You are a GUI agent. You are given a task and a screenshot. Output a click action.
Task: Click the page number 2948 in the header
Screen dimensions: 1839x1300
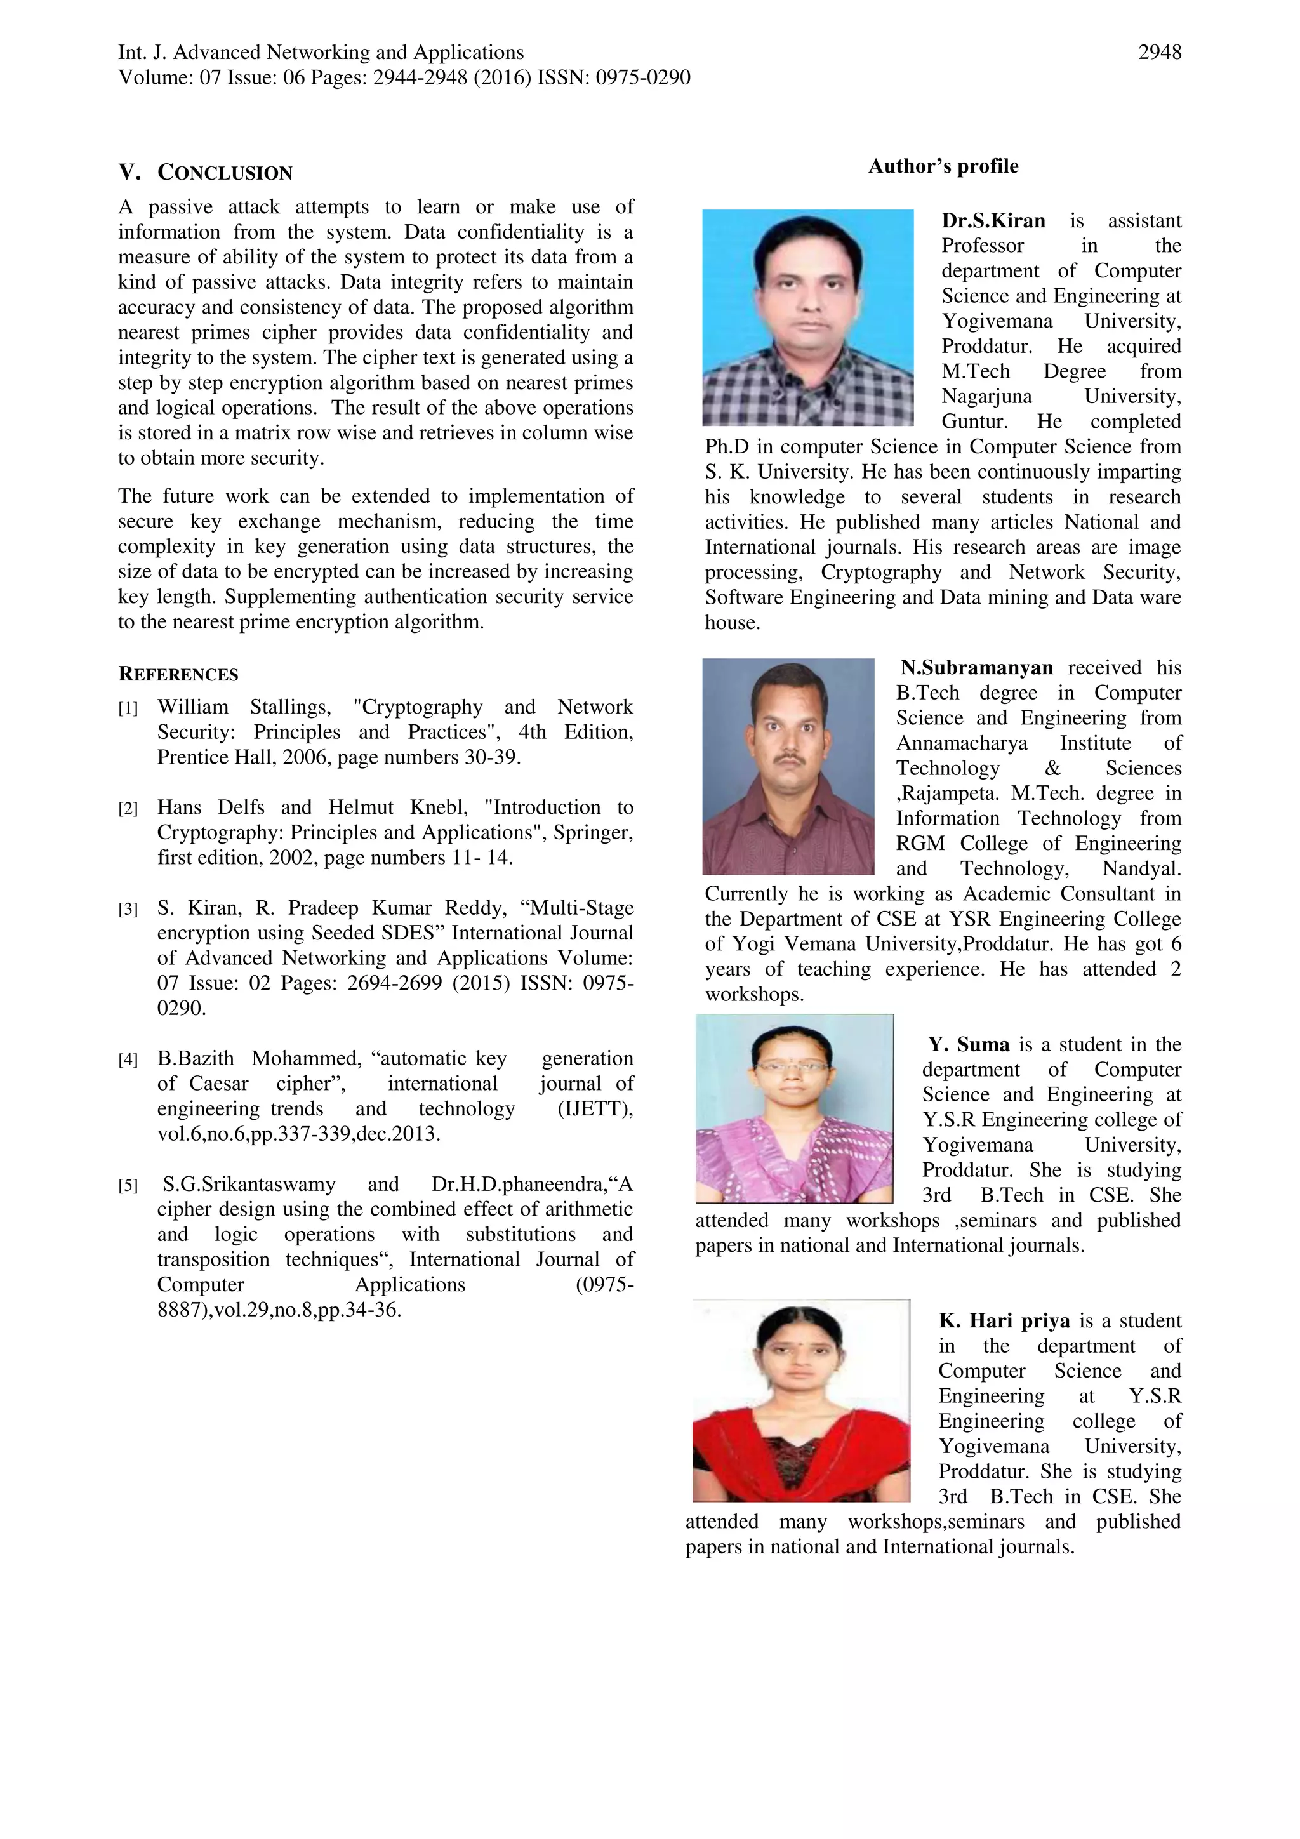click(1159, 53)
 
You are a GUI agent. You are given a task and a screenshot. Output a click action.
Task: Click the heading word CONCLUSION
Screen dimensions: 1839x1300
click(225, 173)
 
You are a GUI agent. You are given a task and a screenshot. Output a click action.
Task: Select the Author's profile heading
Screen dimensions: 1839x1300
click(943, 166)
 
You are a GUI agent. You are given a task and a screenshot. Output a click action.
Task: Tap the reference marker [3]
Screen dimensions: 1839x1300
click(128, 910)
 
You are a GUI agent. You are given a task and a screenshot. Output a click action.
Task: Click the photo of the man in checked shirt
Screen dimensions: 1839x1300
click(807, 317)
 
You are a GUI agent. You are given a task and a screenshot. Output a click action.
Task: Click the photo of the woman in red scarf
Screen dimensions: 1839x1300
click(801, 1400)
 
